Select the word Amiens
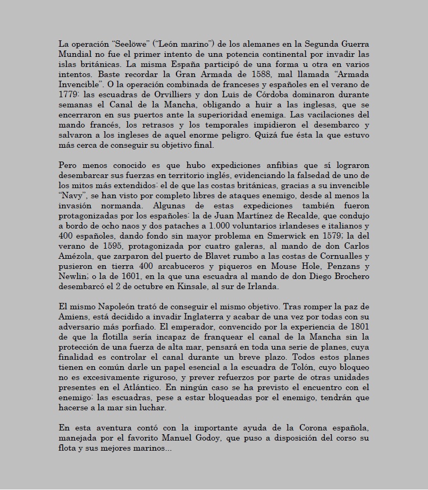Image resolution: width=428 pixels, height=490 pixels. pos(73,317)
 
